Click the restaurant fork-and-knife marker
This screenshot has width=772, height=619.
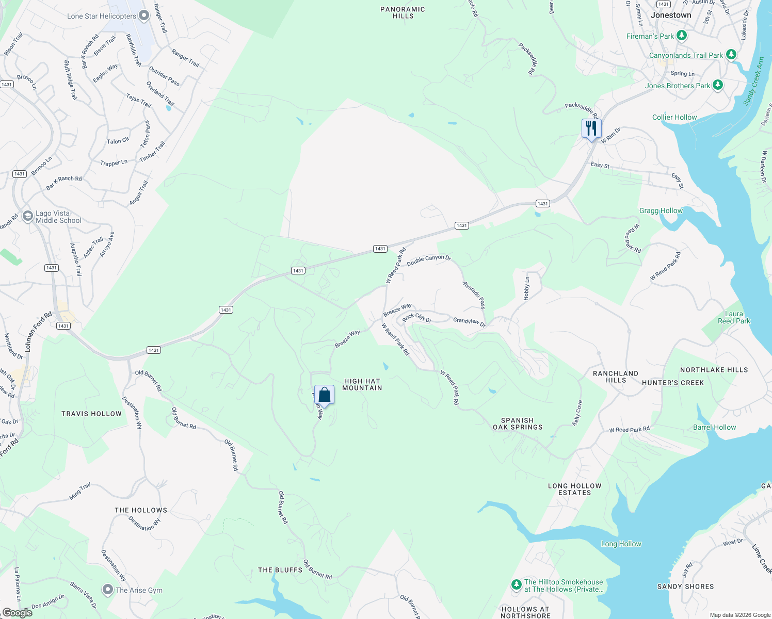point(591,128)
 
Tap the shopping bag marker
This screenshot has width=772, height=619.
point(324,395)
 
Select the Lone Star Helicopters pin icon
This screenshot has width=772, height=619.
point(144,15)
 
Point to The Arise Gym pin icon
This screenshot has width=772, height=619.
point(107,589)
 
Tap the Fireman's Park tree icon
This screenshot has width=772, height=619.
point(682,36)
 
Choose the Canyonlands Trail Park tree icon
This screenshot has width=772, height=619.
point(730,55)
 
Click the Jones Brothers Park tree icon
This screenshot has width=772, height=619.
point(717,85)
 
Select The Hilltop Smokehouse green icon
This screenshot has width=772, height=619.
point(516,584)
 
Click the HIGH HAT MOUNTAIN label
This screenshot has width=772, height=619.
point(362,384)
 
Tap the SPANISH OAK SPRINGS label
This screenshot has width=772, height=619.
point(517,423)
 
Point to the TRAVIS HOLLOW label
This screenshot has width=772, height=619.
point(91,414)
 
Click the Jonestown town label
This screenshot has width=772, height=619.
point(671,15)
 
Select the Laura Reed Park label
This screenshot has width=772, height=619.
point(734,317)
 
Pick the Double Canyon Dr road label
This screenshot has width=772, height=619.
point(429,260)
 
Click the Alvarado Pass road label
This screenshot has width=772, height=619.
point(474,295)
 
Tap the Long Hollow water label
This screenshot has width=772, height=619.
point(621,544)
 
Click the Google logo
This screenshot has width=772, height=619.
point(18,612)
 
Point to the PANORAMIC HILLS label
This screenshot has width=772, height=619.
point(403,12)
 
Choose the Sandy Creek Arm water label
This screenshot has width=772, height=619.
point(753,82)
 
